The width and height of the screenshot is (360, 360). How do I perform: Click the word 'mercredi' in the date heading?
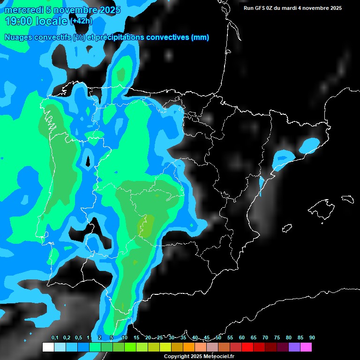21,10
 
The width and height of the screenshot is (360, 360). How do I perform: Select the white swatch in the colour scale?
48,347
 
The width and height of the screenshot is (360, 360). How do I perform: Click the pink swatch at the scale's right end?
306,347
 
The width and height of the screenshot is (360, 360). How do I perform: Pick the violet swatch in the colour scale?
294,347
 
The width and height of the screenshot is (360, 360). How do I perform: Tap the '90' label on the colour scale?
312,337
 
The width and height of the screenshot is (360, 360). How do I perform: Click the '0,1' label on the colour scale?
55,337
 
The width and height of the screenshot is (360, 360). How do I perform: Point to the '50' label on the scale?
218,337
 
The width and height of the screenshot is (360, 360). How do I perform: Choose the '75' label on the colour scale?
277,337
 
